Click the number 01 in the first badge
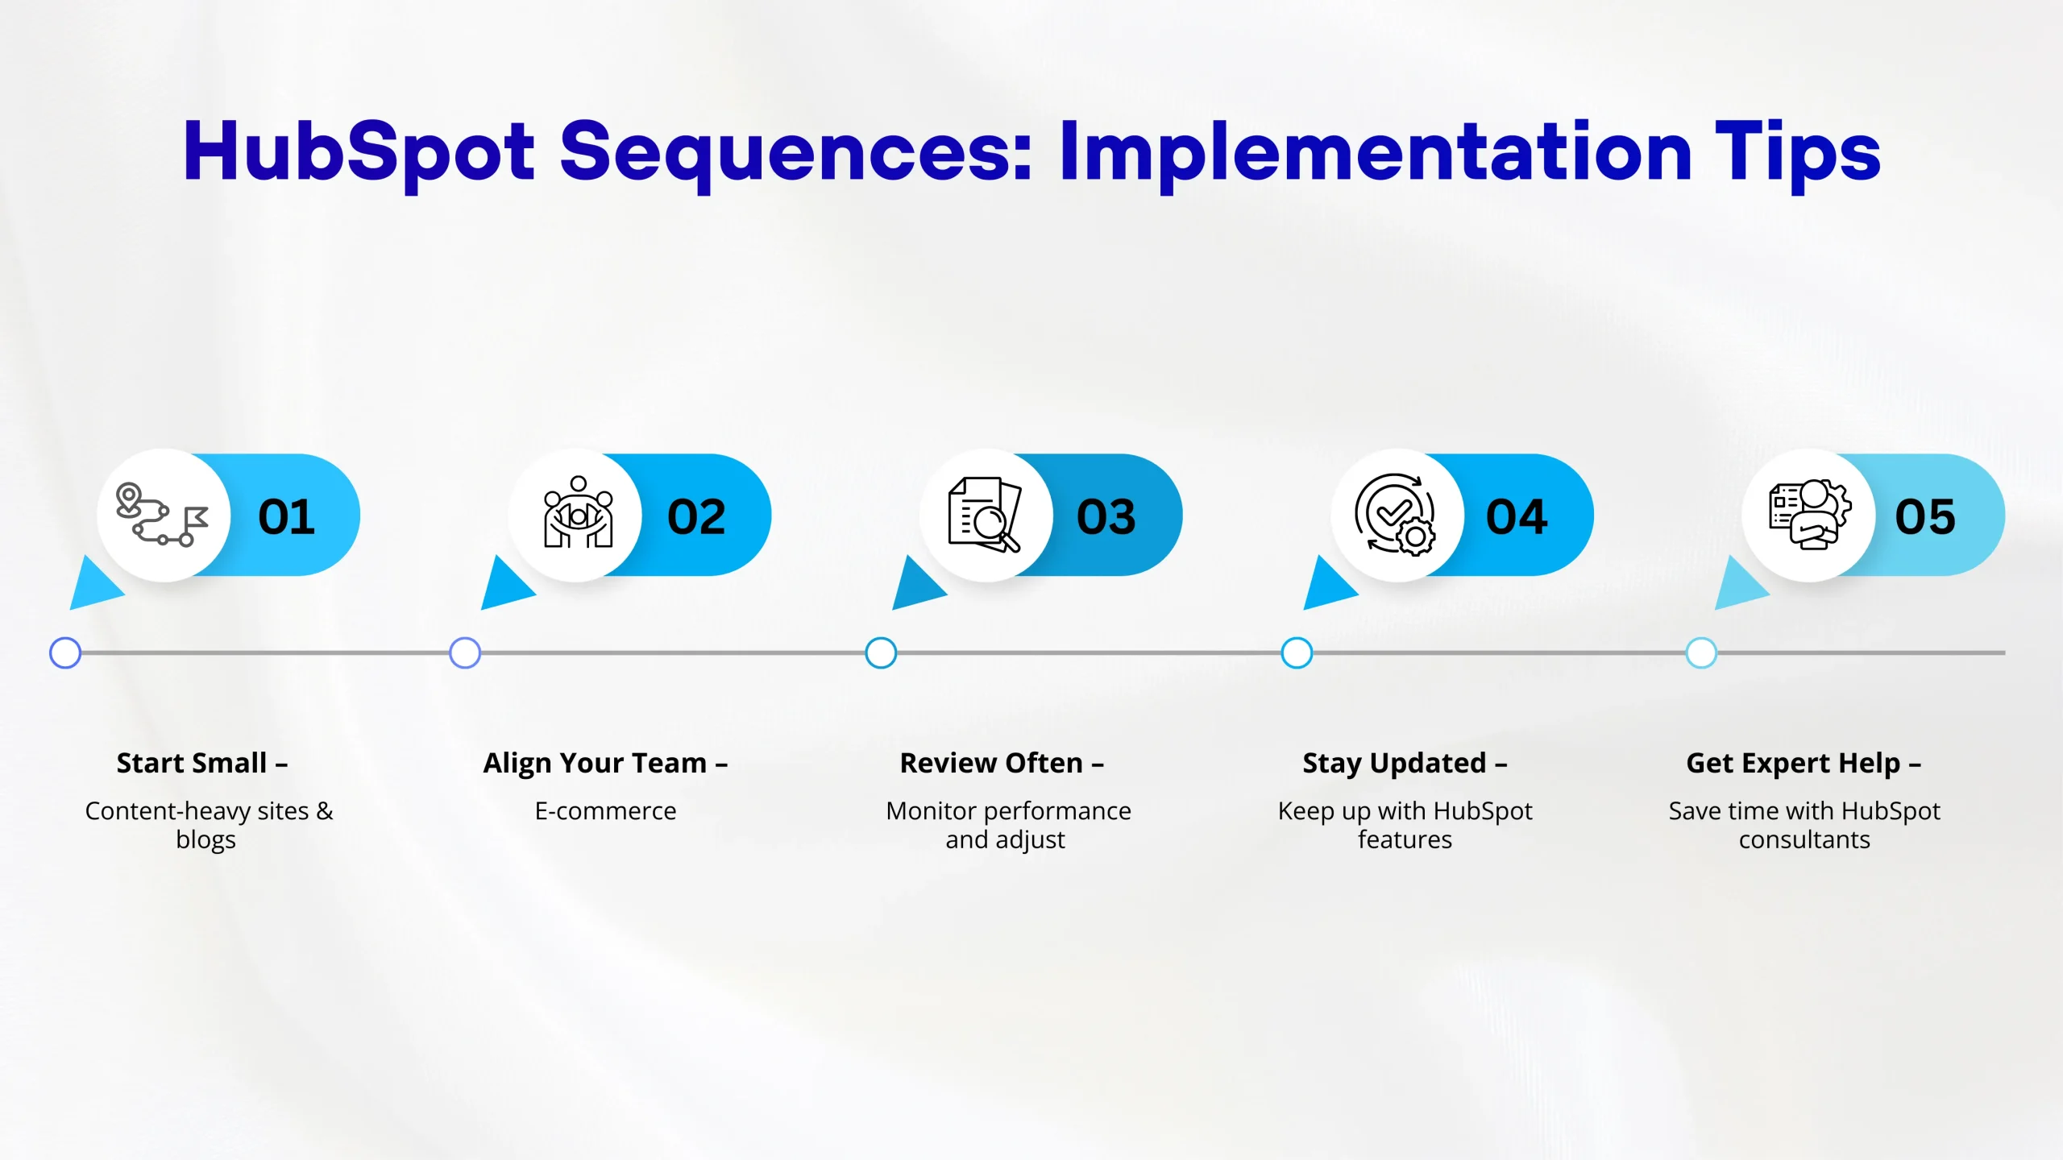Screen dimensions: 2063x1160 pos(286,516)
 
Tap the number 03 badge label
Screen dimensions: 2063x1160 pos(1106,516)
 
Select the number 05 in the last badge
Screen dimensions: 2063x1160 pos(1925,516)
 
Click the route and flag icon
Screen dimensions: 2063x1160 pos(162,515)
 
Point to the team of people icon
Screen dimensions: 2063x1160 pos(578,512)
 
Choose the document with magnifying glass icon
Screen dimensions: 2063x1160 pos(985,515)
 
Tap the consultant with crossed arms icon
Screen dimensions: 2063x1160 pos(1810,514)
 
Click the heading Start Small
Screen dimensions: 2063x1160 pos(192,763)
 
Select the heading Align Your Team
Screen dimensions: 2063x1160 pos(595,763)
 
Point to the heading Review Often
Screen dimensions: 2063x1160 pos(991,763)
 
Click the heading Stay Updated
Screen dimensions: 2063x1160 pos(1394,764)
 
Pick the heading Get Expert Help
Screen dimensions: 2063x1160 pos(1793,764)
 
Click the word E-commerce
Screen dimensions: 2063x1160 pos(606,810)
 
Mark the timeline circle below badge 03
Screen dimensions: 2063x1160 pos(881,652)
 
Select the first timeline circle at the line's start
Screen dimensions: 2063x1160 pos(65,652)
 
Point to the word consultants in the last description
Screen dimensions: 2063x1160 pos(1804,839)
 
